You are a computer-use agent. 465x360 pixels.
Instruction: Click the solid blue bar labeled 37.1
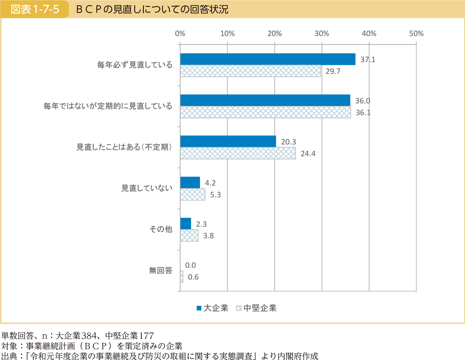click(x=268, y=59)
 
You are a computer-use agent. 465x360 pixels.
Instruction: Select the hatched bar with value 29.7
click(x=250, y=71)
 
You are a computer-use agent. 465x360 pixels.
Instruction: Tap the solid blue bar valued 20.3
click(x=228, y=141)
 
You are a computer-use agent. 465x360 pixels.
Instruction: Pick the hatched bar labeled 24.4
click(x=238, y=153)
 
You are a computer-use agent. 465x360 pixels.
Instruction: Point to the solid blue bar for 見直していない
click(x=190, y=182)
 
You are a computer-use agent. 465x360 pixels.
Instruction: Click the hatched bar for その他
click(x=189, y=235)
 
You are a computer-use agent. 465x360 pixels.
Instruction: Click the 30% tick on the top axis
click(x=322, y=34)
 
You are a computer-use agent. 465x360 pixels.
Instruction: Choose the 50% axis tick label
click(x=416, y=34)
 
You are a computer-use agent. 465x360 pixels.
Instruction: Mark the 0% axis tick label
click(x=180, y=34)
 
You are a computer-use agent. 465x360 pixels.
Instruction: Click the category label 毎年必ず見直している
click(x=135, y=65)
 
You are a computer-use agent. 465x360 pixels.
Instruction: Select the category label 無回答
click(x=160, y=271)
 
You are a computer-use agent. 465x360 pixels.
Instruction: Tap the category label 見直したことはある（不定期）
click(x=124, y=147)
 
